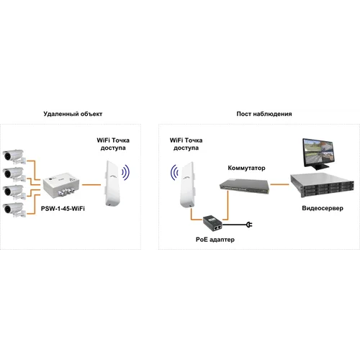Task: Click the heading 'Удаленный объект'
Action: click(73, 114)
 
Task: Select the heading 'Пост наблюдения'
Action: click(264, 114)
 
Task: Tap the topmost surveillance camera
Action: click(14, 156)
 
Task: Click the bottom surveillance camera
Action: click(14, 210)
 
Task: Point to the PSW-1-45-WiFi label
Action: click(63, 208)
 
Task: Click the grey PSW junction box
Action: click(61, 185)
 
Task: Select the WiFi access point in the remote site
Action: click(112, 183)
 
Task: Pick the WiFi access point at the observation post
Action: click(188, 184)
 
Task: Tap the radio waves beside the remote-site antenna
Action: click(125, 172)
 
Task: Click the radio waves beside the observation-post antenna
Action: click(174, 172)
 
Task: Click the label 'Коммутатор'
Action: click(246, 168)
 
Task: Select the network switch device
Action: click(244, 186)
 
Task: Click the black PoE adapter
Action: click(212, 222)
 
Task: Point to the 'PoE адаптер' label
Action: click(215, 240)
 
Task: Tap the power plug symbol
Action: click(249, 225)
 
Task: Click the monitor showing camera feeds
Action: click(318, 154)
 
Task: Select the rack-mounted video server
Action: click(322, 185)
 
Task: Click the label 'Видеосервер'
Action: click(323, 208)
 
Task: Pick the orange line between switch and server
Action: click(279, 184)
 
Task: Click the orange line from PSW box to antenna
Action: click(91, 185)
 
